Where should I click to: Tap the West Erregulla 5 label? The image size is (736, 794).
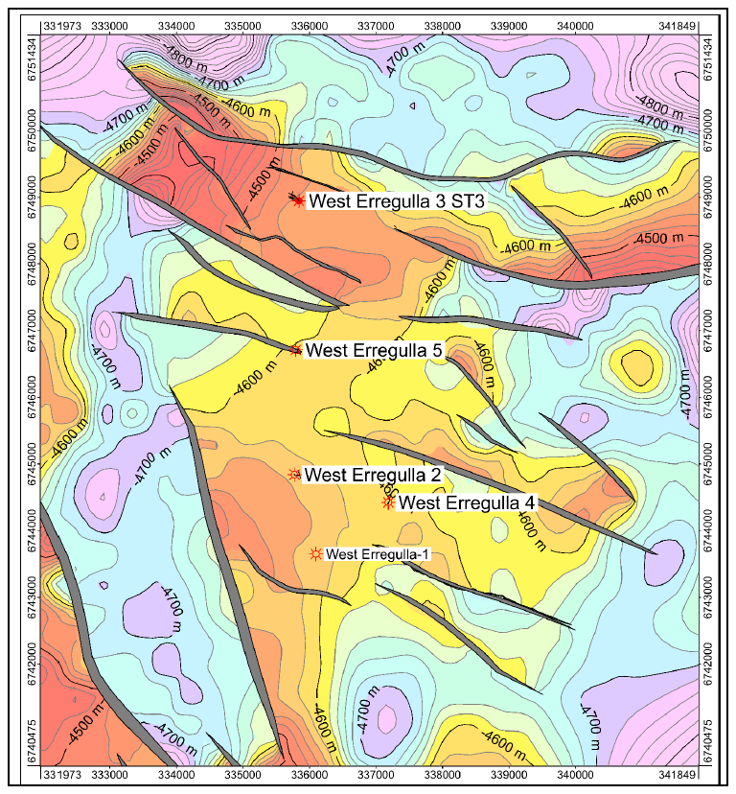click(x=373, y=350)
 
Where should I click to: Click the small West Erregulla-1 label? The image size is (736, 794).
click(x=379, y=553)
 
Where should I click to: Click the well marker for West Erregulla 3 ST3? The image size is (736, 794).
click(x=298, y=199)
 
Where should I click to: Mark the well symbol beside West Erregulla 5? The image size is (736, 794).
click(x=296, y=349)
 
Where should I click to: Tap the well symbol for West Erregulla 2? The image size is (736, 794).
click(x=294, y=474)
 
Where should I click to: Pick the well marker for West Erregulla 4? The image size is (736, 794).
click(x=388, y=502)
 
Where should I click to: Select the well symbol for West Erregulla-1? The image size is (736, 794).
click(x=314, y=553)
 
